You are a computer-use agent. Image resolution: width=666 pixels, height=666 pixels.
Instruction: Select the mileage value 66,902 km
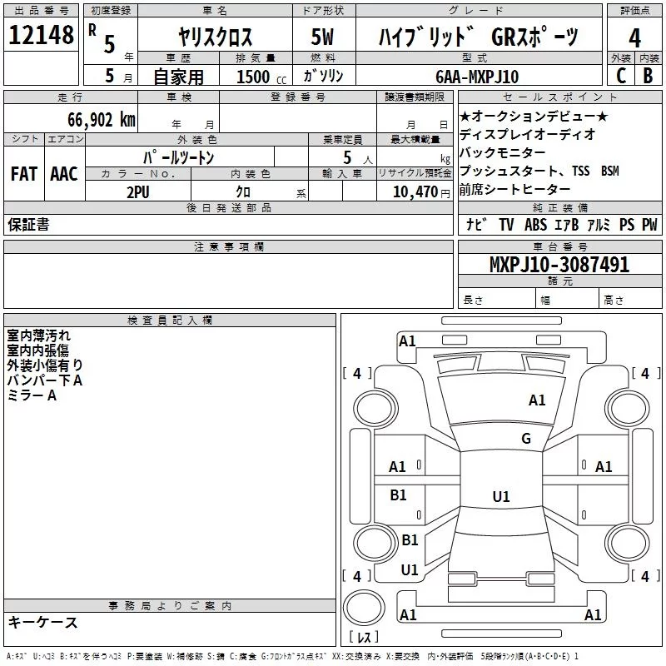pos(96,120)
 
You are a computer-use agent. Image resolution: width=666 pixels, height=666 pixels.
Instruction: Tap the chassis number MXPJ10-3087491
pos(559,266)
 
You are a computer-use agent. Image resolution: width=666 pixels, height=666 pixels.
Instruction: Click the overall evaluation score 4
pos(635,38)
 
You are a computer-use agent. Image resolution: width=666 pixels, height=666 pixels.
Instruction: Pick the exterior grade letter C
pos(621,77)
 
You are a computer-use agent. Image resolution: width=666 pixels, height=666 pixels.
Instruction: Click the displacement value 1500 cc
pos(258,77)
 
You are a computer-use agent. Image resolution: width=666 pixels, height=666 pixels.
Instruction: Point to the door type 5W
pos(323,37)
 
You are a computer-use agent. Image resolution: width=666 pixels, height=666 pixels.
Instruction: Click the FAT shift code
pos(24,174)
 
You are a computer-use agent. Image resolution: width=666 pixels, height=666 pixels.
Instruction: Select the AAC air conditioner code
pos(63,174)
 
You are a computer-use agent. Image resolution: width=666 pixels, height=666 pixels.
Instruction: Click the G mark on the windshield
pos(525,439)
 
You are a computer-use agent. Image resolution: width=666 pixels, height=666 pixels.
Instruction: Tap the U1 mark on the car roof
pos(500,497)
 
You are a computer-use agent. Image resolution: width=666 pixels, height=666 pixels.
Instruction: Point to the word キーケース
pos(43,623)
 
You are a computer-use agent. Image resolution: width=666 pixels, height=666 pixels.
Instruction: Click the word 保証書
pos(28,225)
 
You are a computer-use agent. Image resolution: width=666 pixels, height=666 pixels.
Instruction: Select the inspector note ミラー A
pos(32,395)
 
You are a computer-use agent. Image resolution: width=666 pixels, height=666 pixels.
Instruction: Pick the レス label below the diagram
pos(365,638)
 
